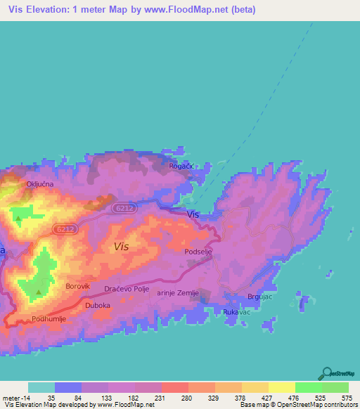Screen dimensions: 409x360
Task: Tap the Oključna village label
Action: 40,183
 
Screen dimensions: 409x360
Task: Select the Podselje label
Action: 198,251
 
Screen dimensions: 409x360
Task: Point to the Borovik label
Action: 78,286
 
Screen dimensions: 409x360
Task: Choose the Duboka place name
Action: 97,306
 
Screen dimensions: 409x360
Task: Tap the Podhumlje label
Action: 49,318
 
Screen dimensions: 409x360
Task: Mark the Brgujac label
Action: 262,297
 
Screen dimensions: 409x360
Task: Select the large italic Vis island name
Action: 121,247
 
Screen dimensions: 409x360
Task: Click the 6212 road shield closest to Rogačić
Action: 123,208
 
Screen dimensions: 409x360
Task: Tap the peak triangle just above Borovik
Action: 39,292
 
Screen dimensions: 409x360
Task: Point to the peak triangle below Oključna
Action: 18,219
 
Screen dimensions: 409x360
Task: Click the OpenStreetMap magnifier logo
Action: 326,374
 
